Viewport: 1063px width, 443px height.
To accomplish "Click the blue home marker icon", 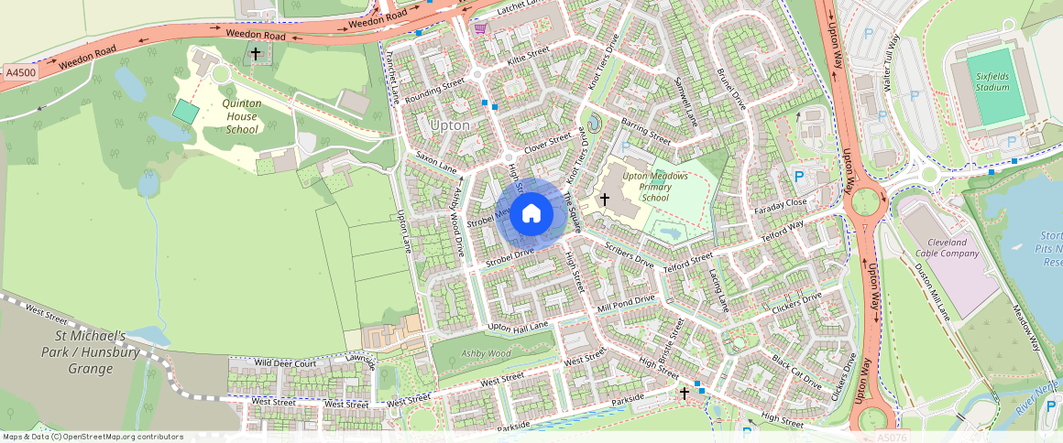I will [531, 214].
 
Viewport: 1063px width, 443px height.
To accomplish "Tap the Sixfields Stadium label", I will [992, 81].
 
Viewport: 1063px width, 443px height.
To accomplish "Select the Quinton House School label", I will [242, 116].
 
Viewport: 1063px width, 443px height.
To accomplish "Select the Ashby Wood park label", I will [485, 353].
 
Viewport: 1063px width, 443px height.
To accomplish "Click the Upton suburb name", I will [449, 125].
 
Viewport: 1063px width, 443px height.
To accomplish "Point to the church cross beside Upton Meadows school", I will [604, 199].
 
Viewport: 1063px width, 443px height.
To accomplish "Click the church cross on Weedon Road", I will [256, 54].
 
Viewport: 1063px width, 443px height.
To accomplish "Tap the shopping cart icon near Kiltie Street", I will [480, 27].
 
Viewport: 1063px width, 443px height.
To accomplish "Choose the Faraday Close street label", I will [782, 202].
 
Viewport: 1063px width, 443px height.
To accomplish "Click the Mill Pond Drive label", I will [626, 303].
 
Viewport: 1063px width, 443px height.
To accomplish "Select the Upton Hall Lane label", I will [518, 327].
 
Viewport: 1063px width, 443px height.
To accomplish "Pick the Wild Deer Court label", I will [285, 363].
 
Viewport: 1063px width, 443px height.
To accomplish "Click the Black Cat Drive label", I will [795, 371].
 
